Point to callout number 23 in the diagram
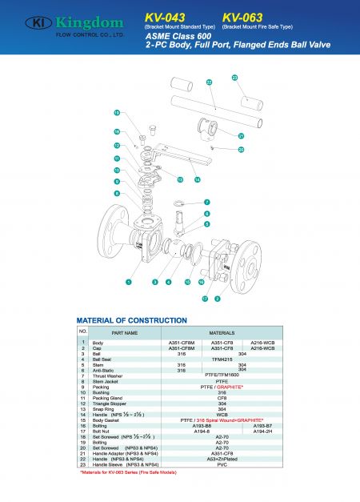coord(234,78)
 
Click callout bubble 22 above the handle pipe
coord(209,82)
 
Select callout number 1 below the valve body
coord(128,282)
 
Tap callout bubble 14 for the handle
coord(197,179)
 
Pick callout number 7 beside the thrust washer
coord(206,203)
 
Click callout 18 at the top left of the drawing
coord(117,113)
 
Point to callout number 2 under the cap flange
coord(217,299)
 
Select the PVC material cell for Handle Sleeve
coord(222,464)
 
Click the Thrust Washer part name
coord(109,375)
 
